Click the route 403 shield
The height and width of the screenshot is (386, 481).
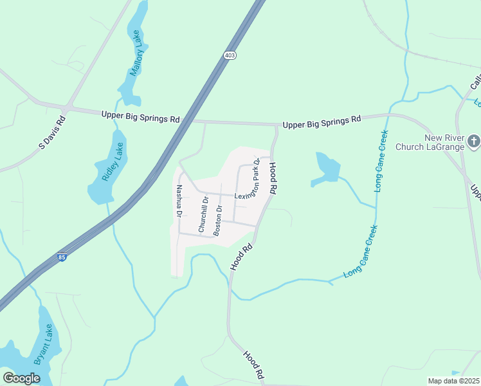tap(230, 56)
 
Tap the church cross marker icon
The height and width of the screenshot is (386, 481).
tap(473, 140)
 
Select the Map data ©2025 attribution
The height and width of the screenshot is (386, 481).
tap(453, 381)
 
